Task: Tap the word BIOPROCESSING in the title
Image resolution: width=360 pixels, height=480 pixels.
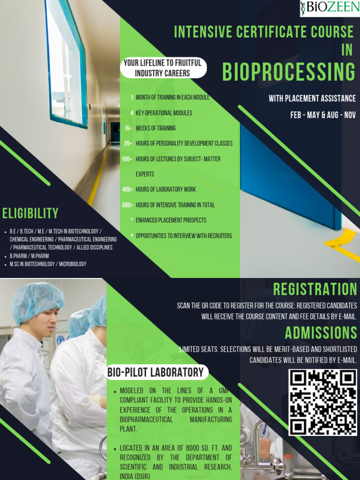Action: [x=289, y=72]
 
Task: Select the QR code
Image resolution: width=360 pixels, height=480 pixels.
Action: [x=322, y=402]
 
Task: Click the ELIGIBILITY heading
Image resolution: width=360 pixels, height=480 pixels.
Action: [x=30, y=214]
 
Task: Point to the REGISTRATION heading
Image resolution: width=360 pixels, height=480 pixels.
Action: [x=315, y=289]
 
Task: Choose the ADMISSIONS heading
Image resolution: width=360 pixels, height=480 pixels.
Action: [x=321, y=333]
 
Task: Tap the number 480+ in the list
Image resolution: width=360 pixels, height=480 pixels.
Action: [x=127, y=189]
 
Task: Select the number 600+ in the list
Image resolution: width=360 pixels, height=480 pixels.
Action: [x=127, y=205]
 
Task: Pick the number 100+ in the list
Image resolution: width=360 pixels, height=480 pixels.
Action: [x=127, y=159]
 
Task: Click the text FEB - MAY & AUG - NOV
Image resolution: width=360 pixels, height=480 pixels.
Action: [x=323, y=115]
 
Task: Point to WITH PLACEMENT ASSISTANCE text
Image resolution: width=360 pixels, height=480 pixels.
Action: [x=312, y=98]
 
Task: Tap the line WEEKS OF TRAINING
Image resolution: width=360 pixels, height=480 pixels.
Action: [x=156, y=128]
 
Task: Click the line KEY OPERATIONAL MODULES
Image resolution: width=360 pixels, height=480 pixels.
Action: [x=164, y=113]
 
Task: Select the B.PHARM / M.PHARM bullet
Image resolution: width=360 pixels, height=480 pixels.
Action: [x=29, y=256]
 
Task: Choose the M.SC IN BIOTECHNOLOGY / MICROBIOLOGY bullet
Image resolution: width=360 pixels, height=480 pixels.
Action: [x=48, y=264]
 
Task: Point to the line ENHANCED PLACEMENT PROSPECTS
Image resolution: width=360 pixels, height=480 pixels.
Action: [x=171, y=220]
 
